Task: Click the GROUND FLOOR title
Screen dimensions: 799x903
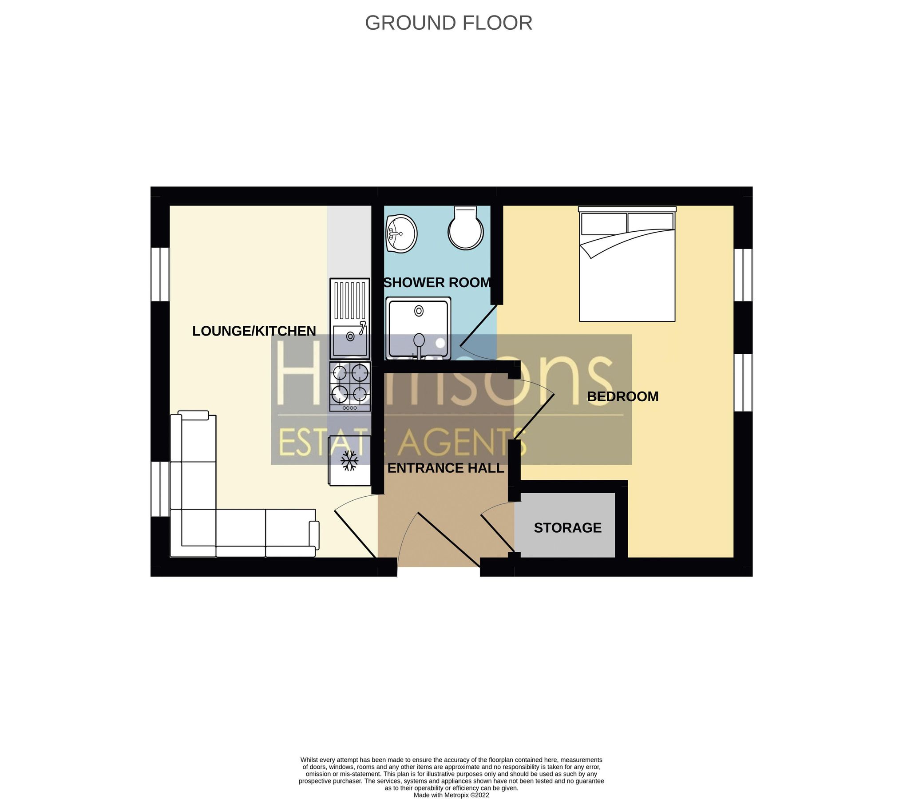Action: point(448,23)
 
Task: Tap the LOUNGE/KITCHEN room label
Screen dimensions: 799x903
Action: point(254,331)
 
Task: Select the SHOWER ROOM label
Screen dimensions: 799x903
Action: point(437,283)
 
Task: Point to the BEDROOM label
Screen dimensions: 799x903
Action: point(622,396)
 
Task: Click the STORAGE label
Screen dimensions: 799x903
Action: point(567,528)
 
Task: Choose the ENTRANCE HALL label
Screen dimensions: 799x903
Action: point(445,468)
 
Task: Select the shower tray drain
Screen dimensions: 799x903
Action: point(419,311)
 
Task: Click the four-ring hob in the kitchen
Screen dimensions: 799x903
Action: point(350,386)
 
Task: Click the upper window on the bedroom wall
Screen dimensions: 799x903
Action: point(743,275)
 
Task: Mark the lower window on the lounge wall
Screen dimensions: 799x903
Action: point(160,489)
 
